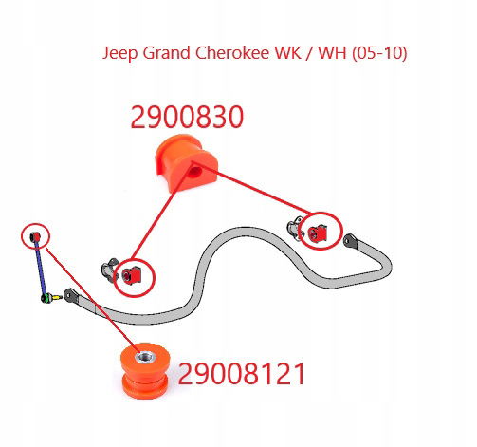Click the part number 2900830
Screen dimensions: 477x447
coord(187,117)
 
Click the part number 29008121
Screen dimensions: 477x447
coord(242,373)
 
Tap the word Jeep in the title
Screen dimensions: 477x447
coord(120,53)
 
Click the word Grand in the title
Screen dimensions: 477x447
coord(166,52)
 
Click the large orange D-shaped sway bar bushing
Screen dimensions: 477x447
coord(185,162)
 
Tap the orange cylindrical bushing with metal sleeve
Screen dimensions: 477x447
coord(145,370)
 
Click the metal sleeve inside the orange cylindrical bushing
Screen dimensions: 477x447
coord(145,358)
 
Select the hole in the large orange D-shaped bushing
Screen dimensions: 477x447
coord(195,173)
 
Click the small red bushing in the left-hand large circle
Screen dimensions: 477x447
coord(132,275)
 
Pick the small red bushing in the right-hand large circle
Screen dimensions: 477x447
coord(318,233)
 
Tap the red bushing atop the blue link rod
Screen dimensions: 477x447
coord(35,236)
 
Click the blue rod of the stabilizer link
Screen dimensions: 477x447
coord(41,268)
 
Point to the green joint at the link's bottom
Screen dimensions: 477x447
coord(46,298)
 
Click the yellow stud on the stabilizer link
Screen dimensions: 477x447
coord(57,297)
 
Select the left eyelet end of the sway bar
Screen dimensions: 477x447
coord(70,295)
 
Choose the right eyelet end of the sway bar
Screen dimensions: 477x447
coord(350,241)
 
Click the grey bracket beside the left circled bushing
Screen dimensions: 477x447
coord(109,270)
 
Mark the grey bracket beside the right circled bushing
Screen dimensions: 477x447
coord(296,228)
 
